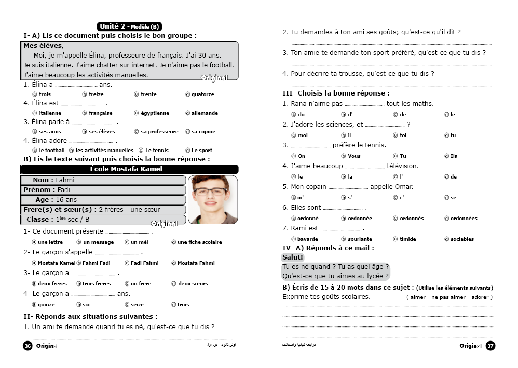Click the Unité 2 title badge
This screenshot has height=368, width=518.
(129, 26)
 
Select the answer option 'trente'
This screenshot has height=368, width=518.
(148, 94)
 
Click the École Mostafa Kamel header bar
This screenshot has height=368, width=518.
(129, 169)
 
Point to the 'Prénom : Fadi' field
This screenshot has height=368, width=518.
(103, 190)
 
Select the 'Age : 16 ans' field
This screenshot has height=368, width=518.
(103, 200)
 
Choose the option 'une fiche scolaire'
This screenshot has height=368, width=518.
(199, 242)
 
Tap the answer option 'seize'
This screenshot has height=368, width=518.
(137, 305)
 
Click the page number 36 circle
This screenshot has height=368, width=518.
(28, 346)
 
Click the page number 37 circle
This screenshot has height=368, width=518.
(490, 346)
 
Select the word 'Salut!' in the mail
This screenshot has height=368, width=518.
(293, 257)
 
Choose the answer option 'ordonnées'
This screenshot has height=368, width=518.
(464, 219)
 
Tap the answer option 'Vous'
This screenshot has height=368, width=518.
(354, 156)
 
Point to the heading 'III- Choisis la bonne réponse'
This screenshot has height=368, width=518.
(335, 93)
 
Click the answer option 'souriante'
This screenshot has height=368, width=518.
(360, 239)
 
